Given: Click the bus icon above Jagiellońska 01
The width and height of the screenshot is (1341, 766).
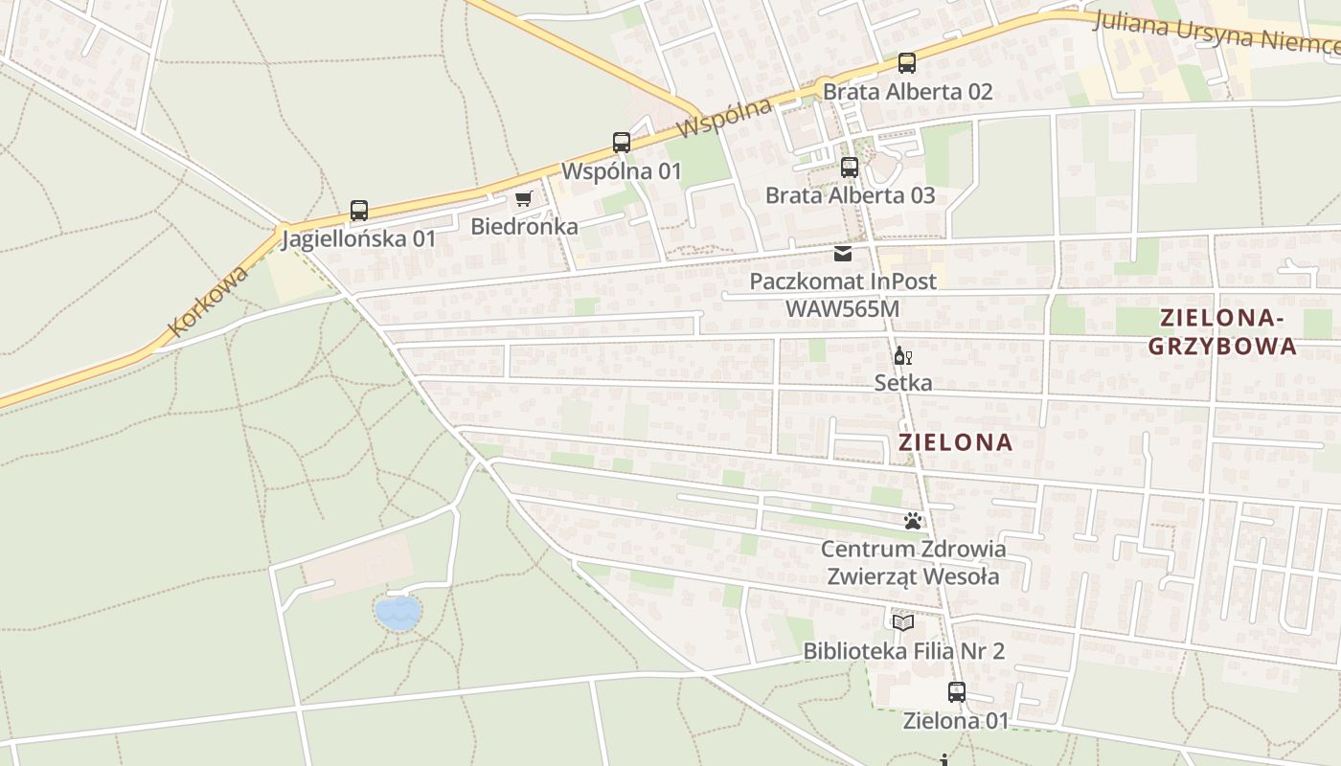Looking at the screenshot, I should point(359,211).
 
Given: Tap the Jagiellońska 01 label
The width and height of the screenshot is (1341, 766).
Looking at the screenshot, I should point(358,238).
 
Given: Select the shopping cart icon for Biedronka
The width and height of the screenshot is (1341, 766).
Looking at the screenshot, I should point(523,199).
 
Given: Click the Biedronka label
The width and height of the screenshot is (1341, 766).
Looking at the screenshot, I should point(524,227).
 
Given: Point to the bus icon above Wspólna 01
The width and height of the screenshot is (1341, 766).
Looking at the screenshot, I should point(622,144).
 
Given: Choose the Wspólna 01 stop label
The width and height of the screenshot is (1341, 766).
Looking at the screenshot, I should point(621,171).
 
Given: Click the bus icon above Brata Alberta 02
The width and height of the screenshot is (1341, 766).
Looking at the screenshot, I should point(907,63).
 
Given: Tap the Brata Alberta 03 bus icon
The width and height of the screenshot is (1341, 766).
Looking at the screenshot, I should point(850,168).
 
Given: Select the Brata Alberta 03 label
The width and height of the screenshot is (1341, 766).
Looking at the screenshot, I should point(850,195).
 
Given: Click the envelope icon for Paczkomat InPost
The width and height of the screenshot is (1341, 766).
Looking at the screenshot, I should point(843,254).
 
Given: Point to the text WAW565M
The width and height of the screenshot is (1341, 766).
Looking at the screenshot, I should point(842,309).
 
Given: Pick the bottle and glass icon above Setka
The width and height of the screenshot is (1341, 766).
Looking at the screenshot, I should point(902,356).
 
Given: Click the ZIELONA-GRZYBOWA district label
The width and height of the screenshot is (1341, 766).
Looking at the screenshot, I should point(1222,332).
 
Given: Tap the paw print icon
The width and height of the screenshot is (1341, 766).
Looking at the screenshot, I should point(913,522).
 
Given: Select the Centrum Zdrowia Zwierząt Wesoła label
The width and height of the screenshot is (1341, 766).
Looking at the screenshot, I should point(913,563).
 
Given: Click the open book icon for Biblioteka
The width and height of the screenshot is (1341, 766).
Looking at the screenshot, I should point(903,623).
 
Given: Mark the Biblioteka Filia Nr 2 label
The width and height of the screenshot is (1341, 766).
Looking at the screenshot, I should point(903,651).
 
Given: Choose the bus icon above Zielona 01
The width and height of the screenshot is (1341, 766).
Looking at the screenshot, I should point(956,692).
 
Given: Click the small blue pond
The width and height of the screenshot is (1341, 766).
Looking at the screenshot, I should point(398,613).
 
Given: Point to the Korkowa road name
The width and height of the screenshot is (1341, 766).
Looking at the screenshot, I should point(208,301).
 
